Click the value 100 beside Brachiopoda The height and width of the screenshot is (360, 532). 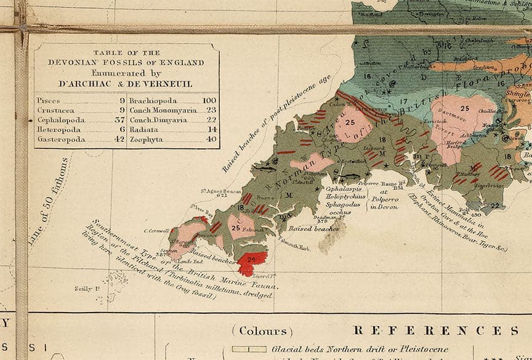[x=209, y=100]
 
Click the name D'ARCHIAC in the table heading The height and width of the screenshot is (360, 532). [x=88, y=83]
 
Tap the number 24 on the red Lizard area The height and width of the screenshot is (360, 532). [x=251, y=260]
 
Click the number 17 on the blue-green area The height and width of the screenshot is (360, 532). [x=404, y=101]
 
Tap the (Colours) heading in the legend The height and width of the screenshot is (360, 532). [x=262, y=331]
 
